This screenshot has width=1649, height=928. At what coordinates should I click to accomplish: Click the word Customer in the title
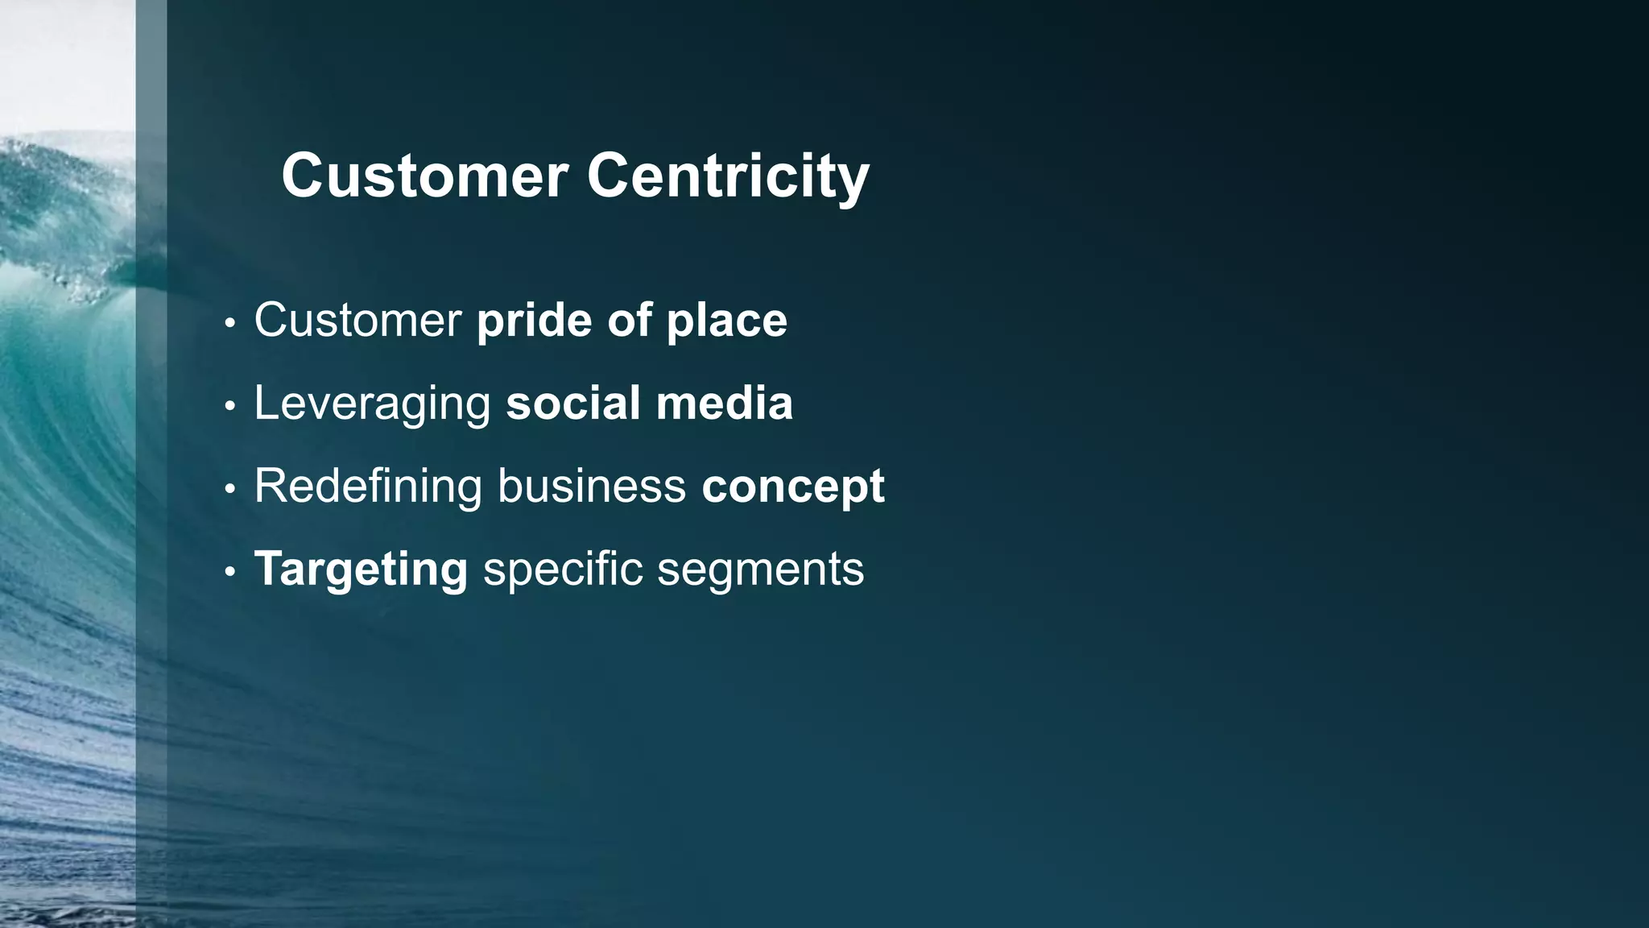424,176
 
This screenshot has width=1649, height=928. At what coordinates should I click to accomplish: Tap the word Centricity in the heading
728,176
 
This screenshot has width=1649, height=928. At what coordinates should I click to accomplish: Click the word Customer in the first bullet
357,320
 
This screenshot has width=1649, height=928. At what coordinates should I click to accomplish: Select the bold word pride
535,321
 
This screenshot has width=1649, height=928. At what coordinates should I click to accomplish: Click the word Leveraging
372,404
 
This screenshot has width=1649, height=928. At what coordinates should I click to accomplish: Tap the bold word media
724,403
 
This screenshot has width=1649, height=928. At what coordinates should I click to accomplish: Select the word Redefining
368,486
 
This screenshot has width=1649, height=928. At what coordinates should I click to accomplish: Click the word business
591,486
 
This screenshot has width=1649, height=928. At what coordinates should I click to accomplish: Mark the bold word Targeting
361,570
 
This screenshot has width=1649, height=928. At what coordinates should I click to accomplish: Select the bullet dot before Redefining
230,489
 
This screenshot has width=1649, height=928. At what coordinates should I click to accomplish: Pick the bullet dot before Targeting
230,572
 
